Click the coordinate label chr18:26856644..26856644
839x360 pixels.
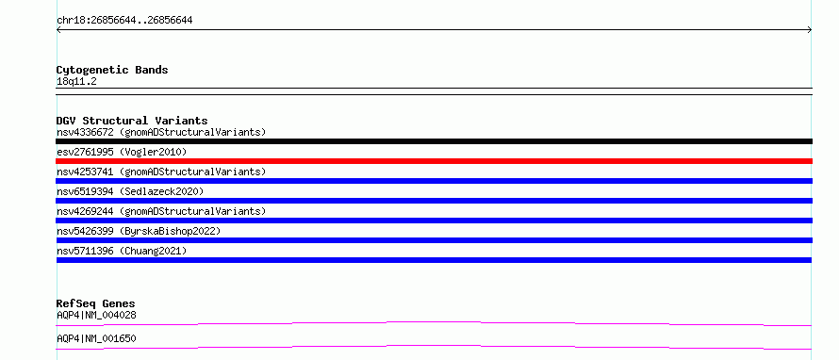(x=124, y=21)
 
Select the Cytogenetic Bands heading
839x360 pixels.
(x=112, y=70)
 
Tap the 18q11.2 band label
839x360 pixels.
(x=76, y=81)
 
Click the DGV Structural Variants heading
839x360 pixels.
(x=132, y=121)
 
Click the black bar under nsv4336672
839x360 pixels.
(x=434, y=141)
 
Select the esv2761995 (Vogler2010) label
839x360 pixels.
(x=122, y=152)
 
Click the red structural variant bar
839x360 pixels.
(x=434, y=161)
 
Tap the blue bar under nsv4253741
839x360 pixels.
(x=434, y=181)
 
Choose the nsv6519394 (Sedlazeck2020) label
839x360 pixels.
(x=130, y=191)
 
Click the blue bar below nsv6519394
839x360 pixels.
(x=434, y=201)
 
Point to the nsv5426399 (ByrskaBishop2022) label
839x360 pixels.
(x=139, y=231)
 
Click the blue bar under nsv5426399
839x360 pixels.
(x=434, y=240)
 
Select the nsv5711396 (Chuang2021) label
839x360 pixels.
(x=122, y=251)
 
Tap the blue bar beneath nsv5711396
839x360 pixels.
(x=434, y=260)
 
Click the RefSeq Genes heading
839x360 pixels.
(x=96, y=303)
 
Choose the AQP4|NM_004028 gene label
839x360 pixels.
(x=96, y=315)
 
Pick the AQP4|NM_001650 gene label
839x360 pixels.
(x=96, y=338)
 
